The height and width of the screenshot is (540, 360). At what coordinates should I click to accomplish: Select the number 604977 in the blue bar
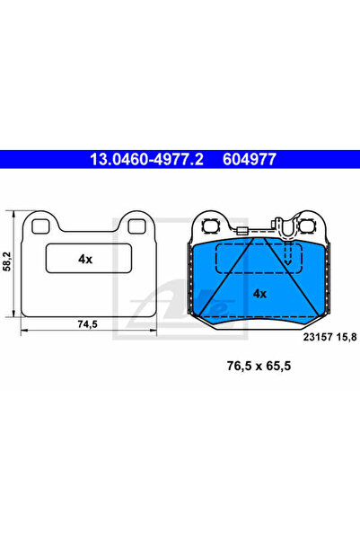coord(248,160)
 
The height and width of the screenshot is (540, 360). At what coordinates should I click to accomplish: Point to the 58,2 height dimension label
coord(8,261)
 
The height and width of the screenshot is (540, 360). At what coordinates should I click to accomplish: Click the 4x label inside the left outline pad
coord(85,259)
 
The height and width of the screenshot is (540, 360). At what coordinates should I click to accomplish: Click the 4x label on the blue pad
coord(259,293)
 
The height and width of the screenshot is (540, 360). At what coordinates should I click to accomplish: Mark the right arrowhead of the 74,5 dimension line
coord(153,332)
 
